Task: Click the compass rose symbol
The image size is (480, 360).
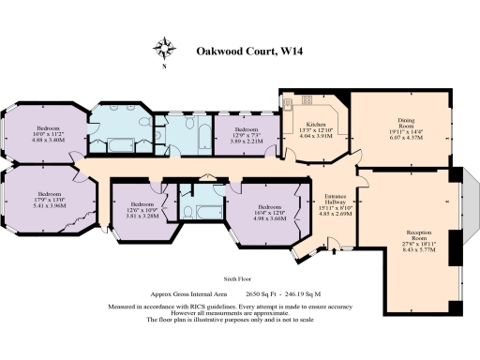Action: pyautogui.click(x=165, y=49)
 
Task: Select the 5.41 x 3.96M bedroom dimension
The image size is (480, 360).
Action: pyautogui.click(x=49, y=204)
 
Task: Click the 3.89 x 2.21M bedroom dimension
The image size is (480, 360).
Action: pyautogui.click(x=247, y=141)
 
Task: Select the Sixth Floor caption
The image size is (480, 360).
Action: pyautogui.click(x=240, y=279)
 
